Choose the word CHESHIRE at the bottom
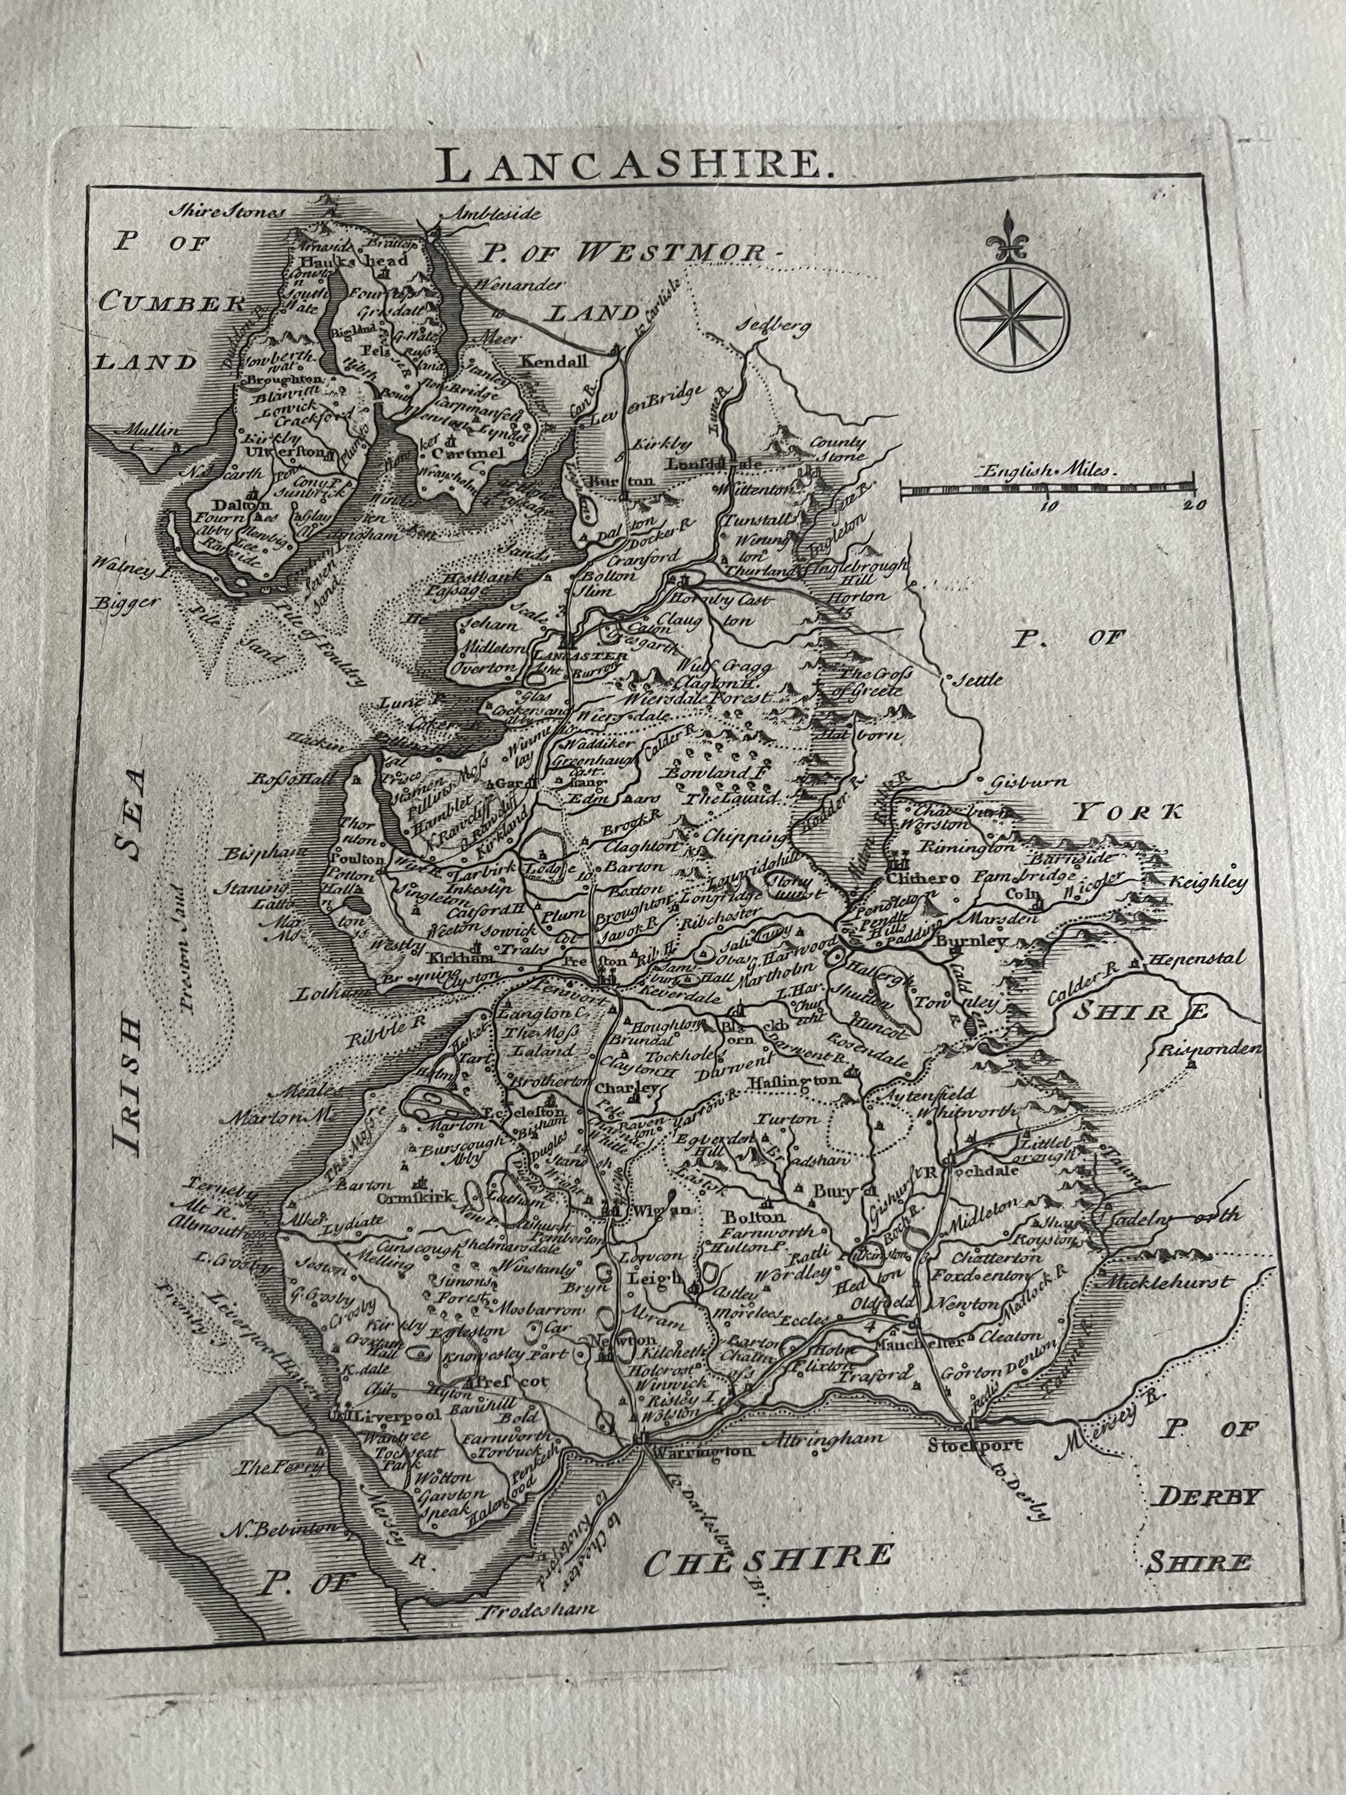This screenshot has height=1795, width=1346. pos(767,1557)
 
